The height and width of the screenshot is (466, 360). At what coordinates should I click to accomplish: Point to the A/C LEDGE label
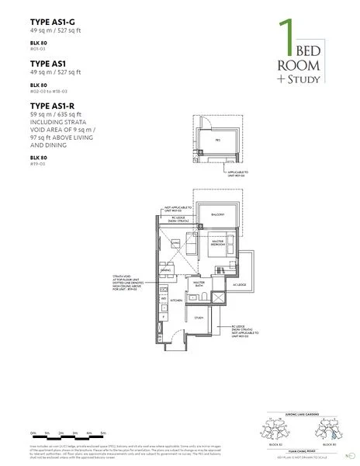237,283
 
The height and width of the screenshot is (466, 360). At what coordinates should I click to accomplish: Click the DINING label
165,270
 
